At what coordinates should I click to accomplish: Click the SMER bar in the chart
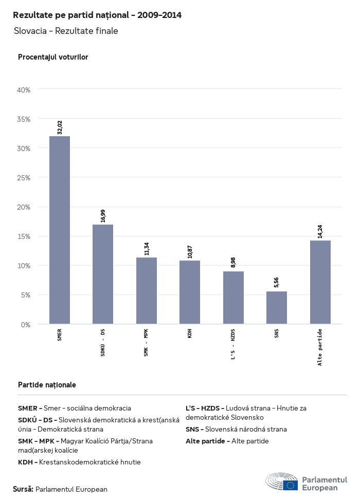(60, 230)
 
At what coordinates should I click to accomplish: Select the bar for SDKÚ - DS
(103, 274)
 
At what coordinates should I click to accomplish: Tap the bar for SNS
(277, 308)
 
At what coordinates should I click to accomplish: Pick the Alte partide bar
(320, 282)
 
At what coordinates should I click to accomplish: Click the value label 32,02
(60, 127)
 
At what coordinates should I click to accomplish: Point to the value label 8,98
(233, 263)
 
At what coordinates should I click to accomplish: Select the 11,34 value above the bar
(147, 249)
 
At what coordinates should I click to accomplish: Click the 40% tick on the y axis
(24, 90)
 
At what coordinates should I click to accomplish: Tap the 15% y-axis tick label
(24, 236)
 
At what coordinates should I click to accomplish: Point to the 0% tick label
(26, 325)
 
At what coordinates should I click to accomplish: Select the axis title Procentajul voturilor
(53, 57)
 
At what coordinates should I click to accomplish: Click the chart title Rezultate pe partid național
(97, 15)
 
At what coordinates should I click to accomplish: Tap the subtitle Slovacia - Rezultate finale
(66, 31)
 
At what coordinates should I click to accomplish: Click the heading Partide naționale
(47, 384)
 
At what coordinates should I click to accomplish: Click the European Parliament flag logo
(291, 485)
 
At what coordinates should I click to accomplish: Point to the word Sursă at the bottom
(23, 489)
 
